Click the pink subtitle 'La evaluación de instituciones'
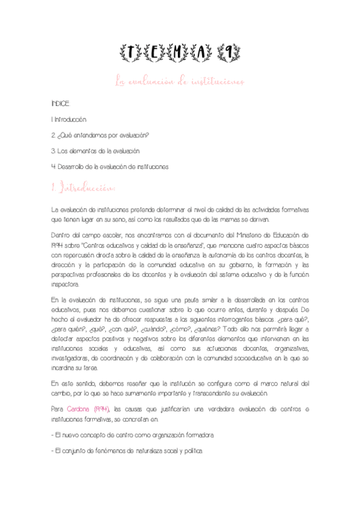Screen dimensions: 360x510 tap(180, 81)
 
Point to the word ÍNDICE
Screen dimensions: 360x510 tap(61, 104)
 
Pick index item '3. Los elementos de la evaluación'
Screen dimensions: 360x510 tap(96, 150)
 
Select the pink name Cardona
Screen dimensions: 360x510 tap(78, 409)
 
